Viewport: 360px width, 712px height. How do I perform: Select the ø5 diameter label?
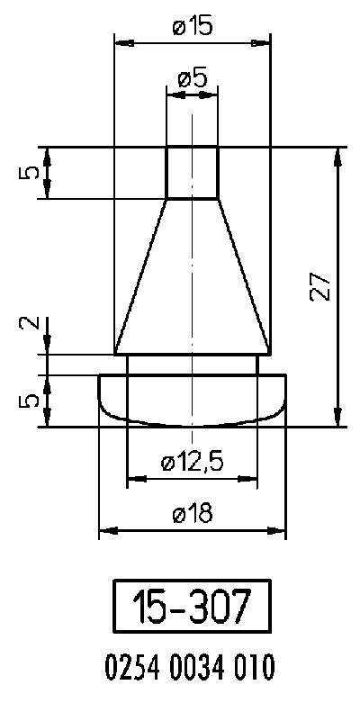(192, 78)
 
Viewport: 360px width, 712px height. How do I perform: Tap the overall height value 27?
(323, 286)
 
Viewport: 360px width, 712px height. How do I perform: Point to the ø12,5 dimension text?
(192, 463)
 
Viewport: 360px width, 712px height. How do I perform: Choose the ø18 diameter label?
(192, 514)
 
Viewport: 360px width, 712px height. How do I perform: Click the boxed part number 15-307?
(191, 608)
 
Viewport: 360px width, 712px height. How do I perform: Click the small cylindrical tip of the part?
(192, 172)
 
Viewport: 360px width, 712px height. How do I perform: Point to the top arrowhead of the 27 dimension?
(338, 154)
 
